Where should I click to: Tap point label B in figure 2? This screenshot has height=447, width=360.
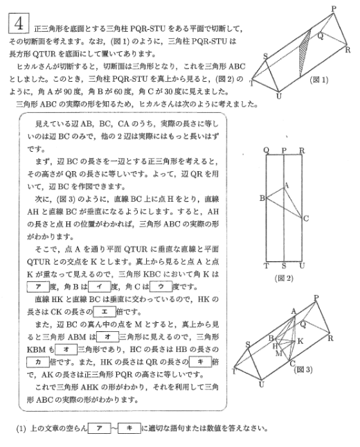coord(262,199)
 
